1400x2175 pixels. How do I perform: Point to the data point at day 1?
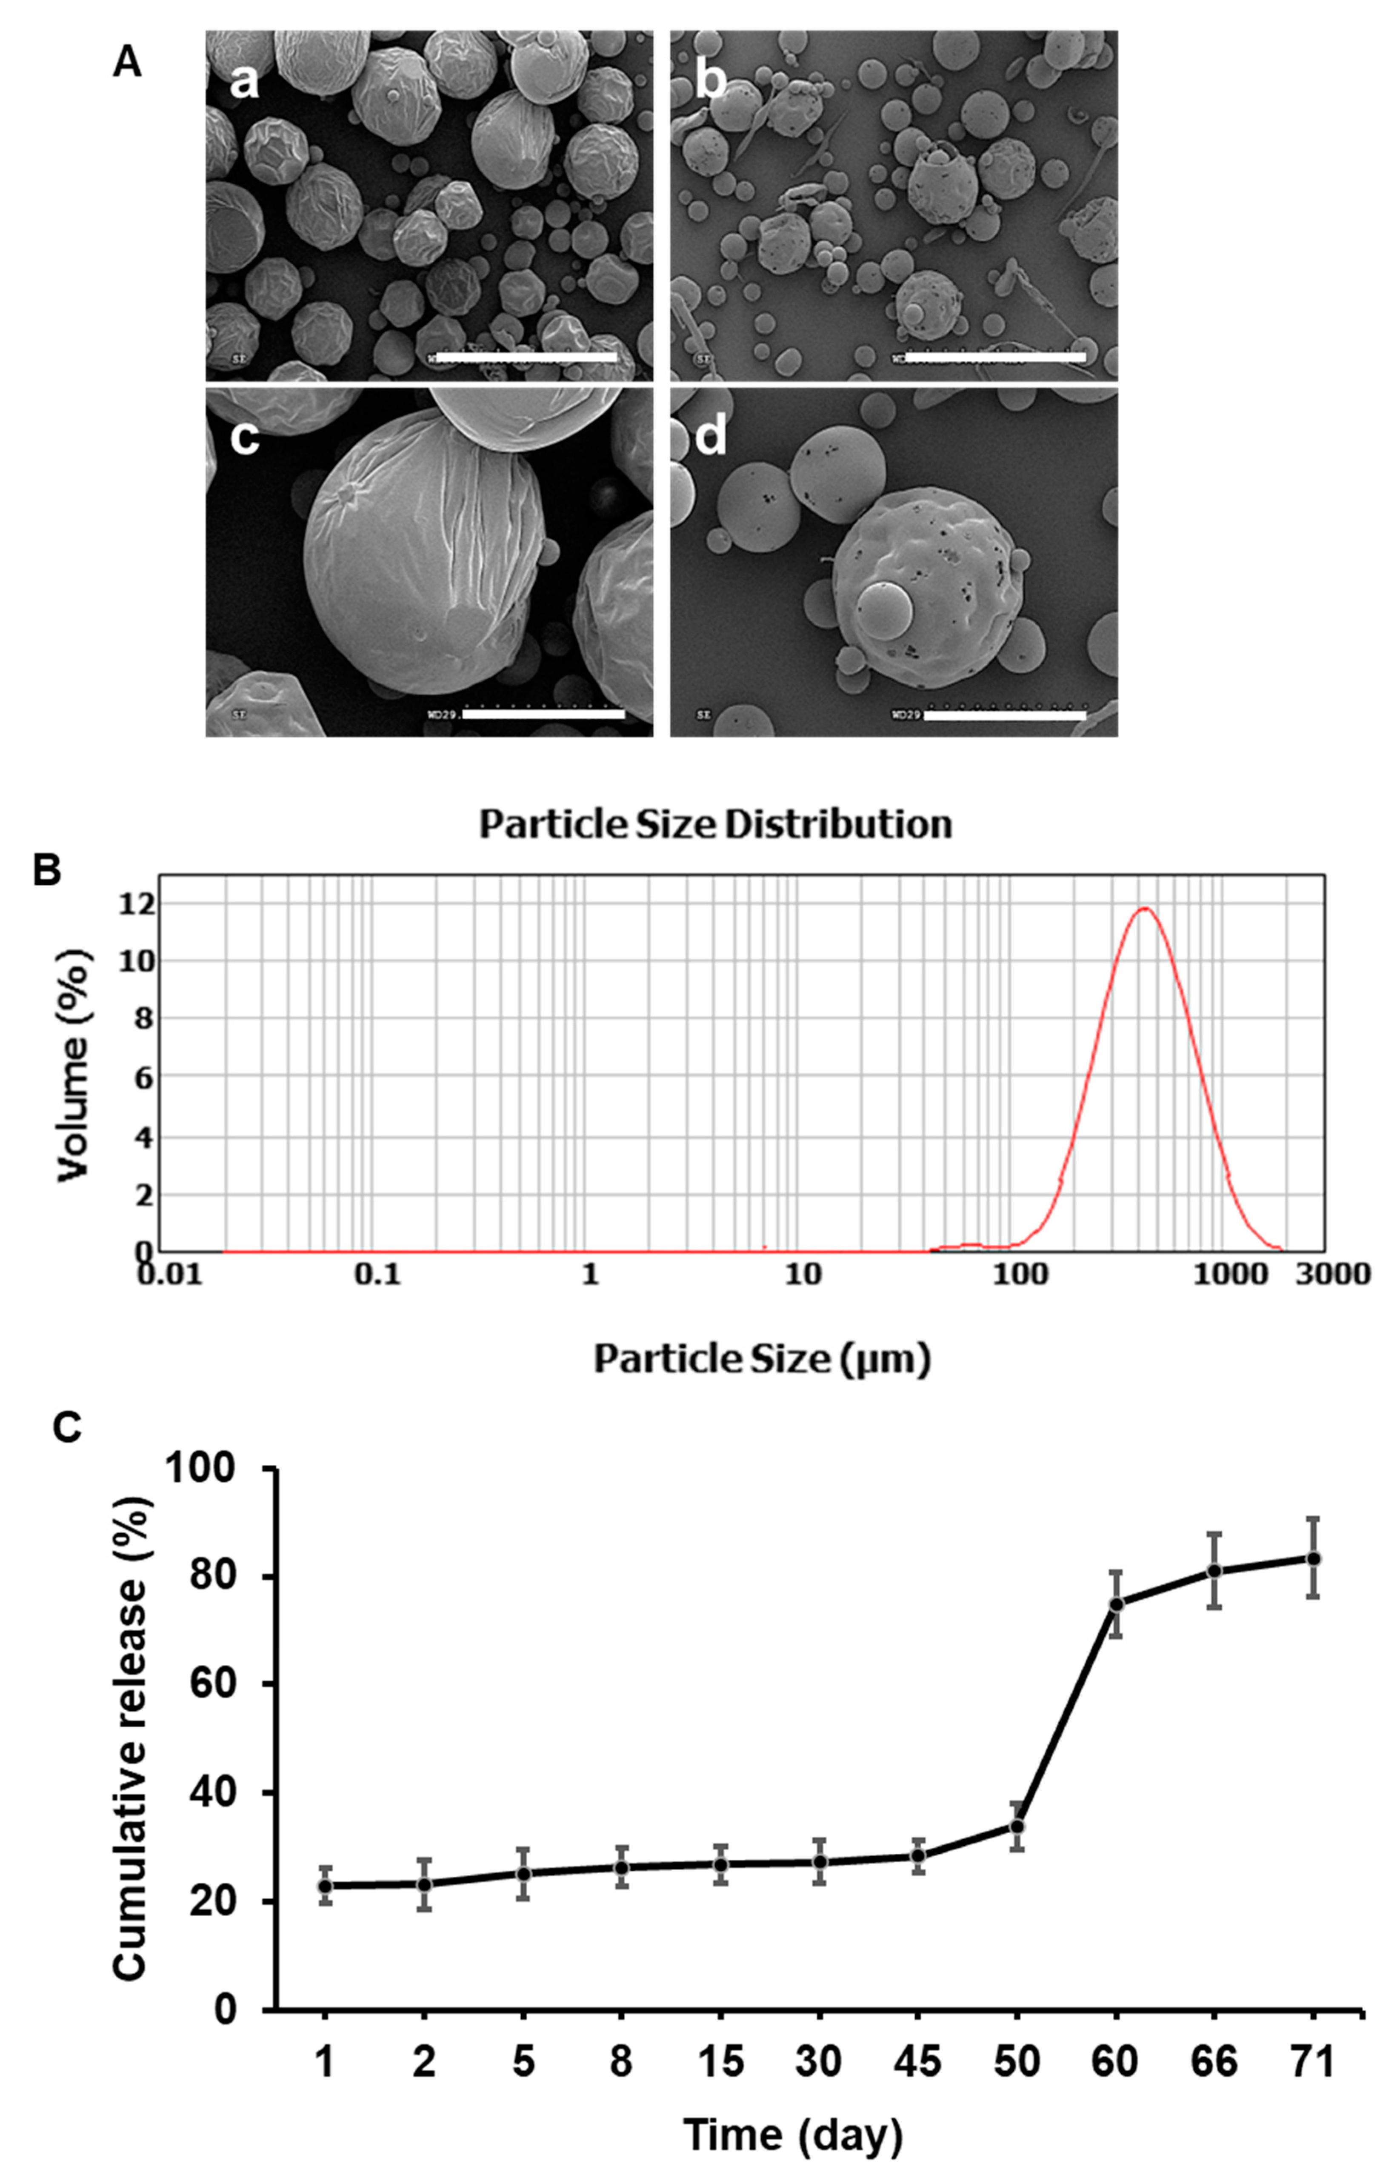click(325, 1886)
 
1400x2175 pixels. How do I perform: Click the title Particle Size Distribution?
click(715, 824)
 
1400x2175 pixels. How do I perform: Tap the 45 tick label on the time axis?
click(917, 2062)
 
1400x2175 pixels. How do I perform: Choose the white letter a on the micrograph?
click(244, 82)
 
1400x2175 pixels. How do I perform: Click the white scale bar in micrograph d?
click(1005, 715)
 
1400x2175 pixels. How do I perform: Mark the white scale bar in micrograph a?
click(526, 357)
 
